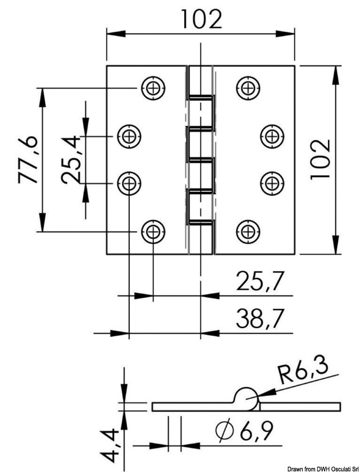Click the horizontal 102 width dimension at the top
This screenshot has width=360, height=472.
pyautogui.click(x=201, y=19)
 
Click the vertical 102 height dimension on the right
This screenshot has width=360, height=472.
pyautogui.click(x=319, y=159)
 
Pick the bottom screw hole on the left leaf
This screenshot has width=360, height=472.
pyautogui.click(x=153, y=231)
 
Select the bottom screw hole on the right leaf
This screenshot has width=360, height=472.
pyautogui.click(x=247, y=231)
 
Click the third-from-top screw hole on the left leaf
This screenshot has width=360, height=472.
pyautogui.click(x=129, y=182)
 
